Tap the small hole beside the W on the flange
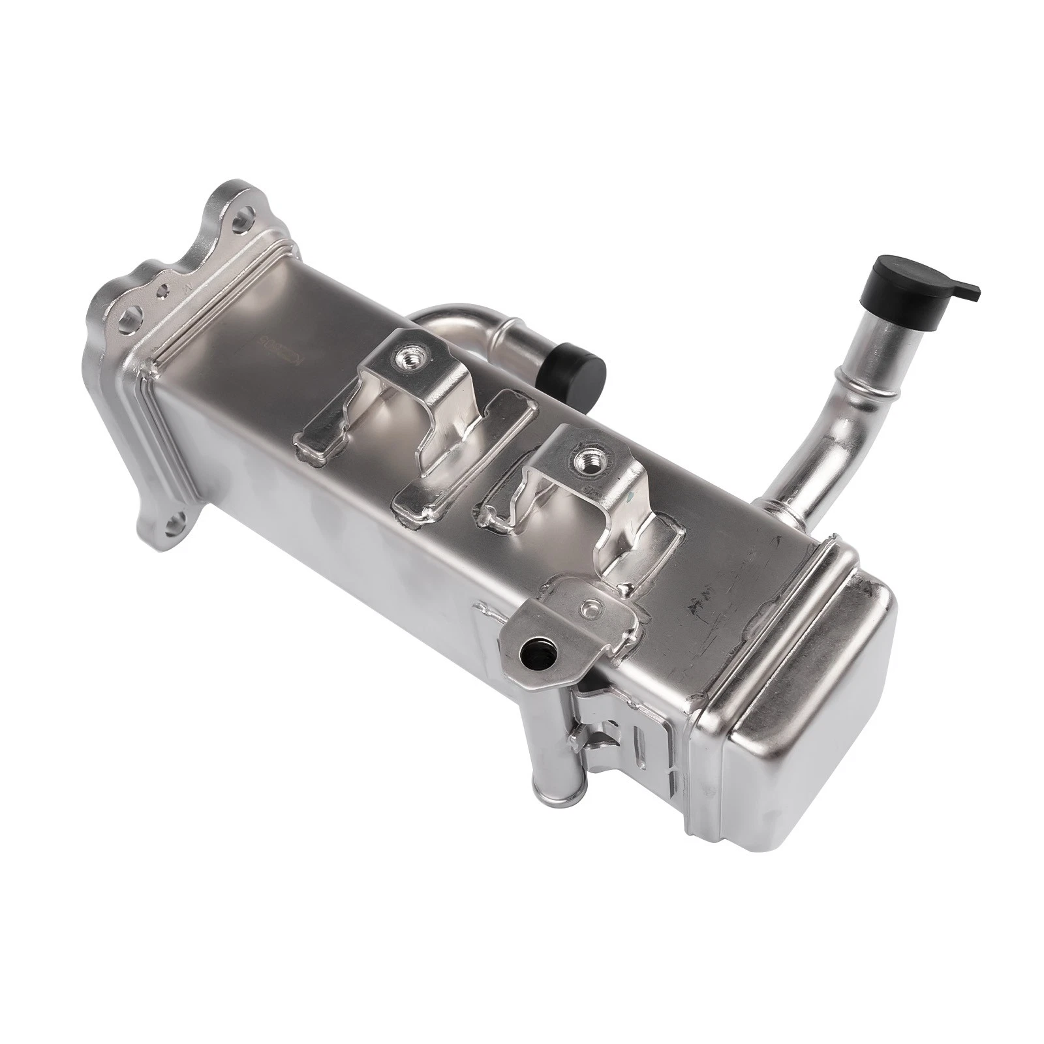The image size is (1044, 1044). coord(164,288)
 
